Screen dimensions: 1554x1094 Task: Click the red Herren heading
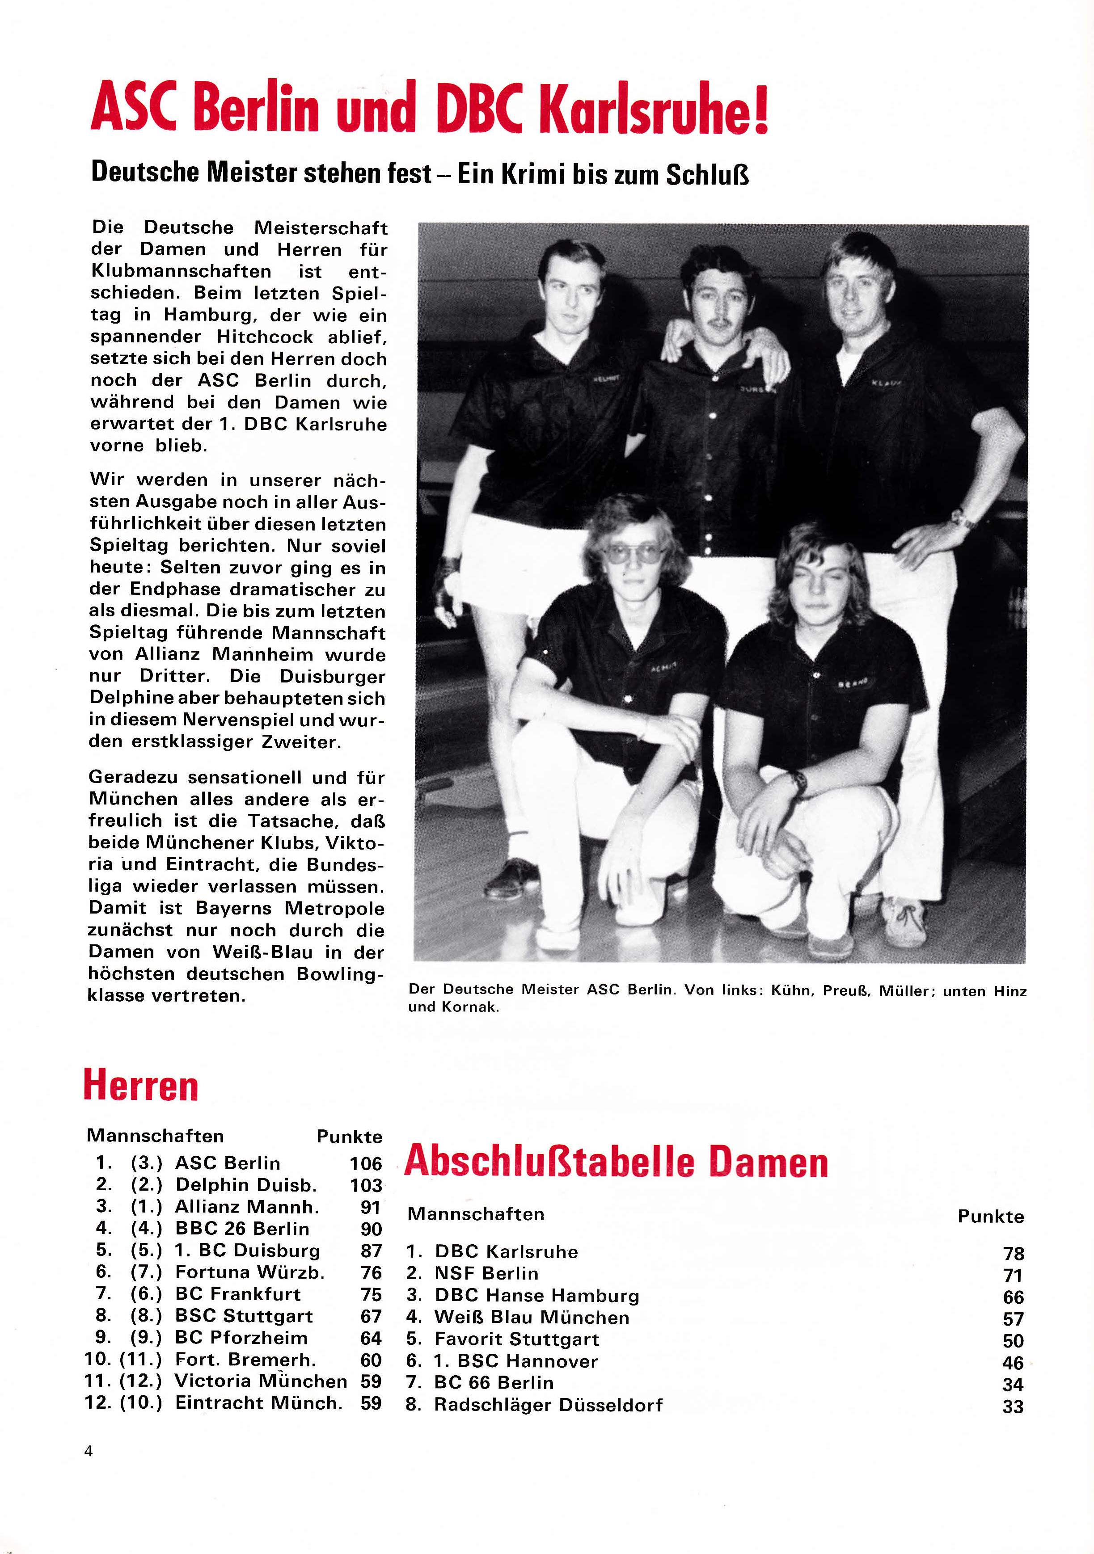pos(141,1087)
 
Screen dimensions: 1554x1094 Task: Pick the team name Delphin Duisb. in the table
pos(246,1185)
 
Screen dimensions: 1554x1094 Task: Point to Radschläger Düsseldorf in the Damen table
pos(549,1405)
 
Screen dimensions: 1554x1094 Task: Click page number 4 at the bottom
pos(89,1450)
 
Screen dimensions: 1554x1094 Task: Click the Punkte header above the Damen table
pos(990,1216)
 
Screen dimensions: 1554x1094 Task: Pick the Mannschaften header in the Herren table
pos(155,1136)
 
